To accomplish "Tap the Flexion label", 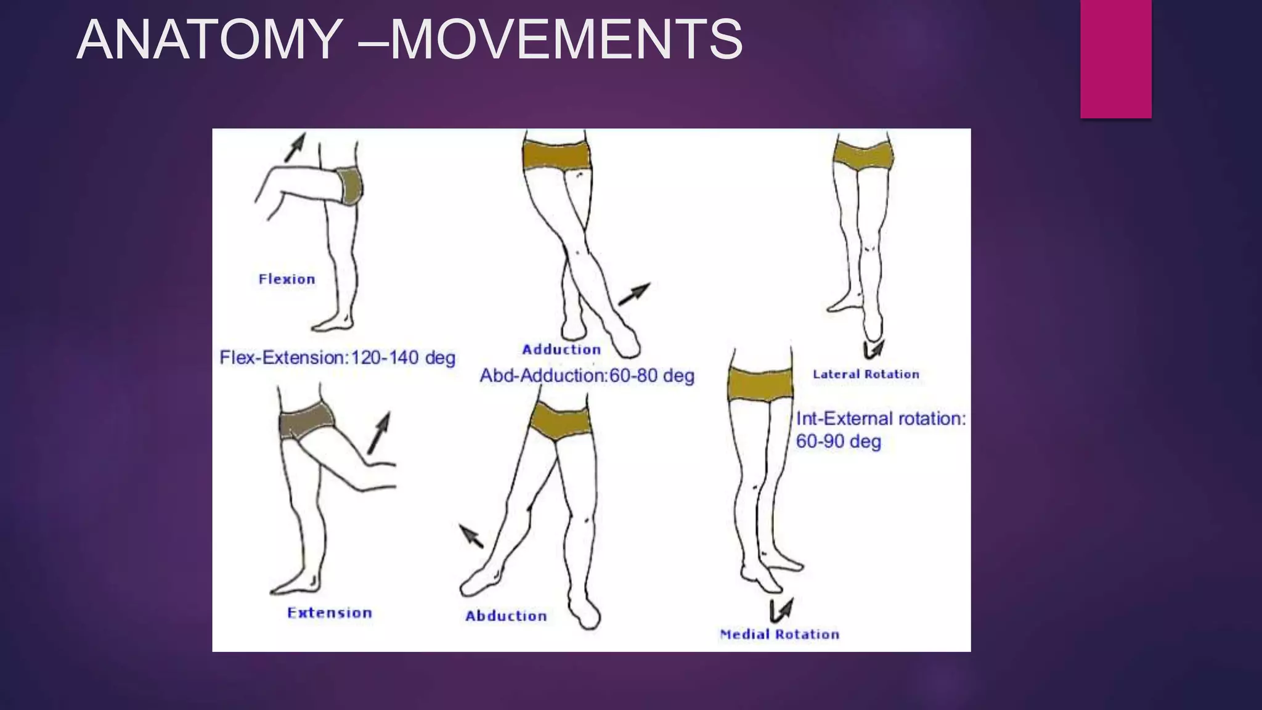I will pyautogui.click(x=287, y=279).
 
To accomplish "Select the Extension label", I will pyautogui.click(x=330, y=613).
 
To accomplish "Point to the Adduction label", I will pyautogui.click(x=561, y=349).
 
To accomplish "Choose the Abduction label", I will pyautogui.click(x=506, y=616).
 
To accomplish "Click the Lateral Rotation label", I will pyautogui.click(x=866, y=374).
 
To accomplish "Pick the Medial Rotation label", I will pyautogui.click(x=780, y=634).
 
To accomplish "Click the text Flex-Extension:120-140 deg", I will pyautogui.click(x=337, y=357).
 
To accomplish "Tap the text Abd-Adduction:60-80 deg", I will pyautogui.click(x=587, y=375).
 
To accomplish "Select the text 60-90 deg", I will pyautogui.click(x=838, y=441).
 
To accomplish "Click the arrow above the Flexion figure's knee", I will pyautogui.click(x=295, y=147).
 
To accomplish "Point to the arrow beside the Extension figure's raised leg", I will pyautogui.click(x=379, y=433).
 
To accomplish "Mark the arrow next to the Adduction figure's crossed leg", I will pyautogui.click(x=634, y=294).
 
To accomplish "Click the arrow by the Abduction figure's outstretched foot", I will pyautogui.click(x=472, y=536).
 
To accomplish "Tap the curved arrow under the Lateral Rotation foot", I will pyautogui.click(x=874, y=349).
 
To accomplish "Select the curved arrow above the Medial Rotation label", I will pyautogui.click(x=781, y=610).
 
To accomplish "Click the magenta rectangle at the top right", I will pyautogui.click(x=1115, y=59).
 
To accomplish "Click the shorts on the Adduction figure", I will pyautogui.click(x=556, y=154).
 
